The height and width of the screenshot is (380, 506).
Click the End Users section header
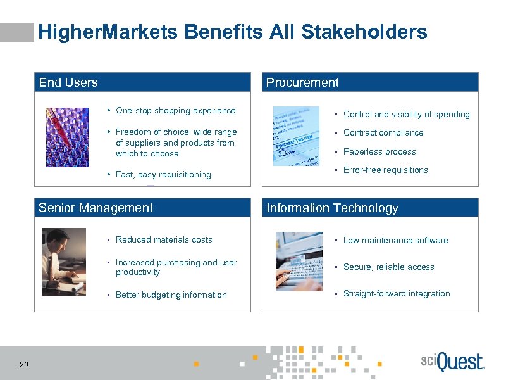[68, 82]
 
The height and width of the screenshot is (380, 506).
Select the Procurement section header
[302, 82]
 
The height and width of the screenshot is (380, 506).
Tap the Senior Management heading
[96, 208]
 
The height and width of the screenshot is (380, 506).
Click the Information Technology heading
[332, 208]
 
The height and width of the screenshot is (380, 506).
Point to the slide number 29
[23, 364]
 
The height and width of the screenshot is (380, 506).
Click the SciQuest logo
[452, 362]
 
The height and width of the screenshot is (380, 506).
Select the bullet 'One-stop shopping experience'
[175, 111]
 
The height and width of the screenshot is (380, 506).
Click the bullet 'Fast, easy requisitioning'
[163, 175]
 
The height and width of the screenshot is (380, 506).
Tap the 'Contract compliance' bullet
[383, 133]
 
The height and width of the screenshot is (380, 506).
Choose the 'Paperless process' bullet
[379, 152]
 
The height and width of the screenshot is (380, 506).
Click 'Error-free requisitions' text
[385, 170]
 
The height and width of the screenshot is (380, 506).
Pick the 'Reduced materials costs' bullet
[164, 240]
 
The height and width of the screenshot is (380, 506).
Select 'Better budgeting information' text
[171, 295]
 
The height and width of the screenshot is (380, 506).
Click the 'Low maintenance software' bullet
[395, 241]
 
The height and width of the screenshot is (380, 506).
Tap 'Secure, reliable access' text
[388, 267]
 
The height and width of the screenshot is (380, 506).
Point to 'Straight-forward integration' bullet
[397, 294]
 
